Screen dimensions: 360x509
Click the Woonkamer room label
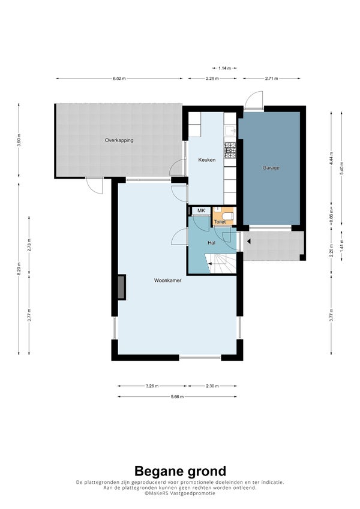pyautogui.click(x=167, y=281)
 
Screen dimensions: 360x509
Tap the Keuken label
pyautogui.click(x=207, y=159)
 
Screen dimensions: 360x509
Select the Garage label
pyautogui.click(x=271, y=168)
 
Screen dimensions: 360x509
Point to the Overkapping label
pyautogui.click(x=119, y=140)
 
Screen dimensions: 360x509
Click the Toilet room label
pyautogui.click(x=220, y=222)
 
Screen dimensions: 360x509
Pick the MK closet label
pyautogui.click(x=202, y=210)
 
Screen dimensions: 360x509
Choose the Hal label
pyautogui.click(x=212, y=242)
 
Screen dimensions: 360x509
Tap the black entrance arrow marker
pyautogui.click(x=248, y=242)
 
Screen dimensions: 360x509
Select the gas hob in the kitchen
pyautogui.click(x=230, y=150)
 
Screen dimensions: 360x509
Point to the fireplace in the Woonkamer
pyautogui.click(x=121, y=287)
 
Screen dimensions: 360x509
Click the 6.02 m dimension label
pyautogui.click(x=119, y=79)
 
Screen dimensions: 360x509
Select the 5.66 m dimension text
pyautogui.click(x=177, y=397)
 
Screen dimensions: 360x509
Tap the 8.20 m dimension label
pyautogui.click(x=19, y=269)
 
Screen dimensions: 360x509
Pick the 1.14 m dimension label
pyautogui.click(x=224, y=68)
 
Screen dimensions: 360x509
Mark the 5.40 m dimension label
pyautogui.click(x=341, y=168)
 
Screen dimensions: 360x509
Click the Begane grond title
pyautogui.click(x=180, y=471)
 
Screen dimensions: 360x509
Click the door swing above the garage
pyautogui.click(x=254, y=100)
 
